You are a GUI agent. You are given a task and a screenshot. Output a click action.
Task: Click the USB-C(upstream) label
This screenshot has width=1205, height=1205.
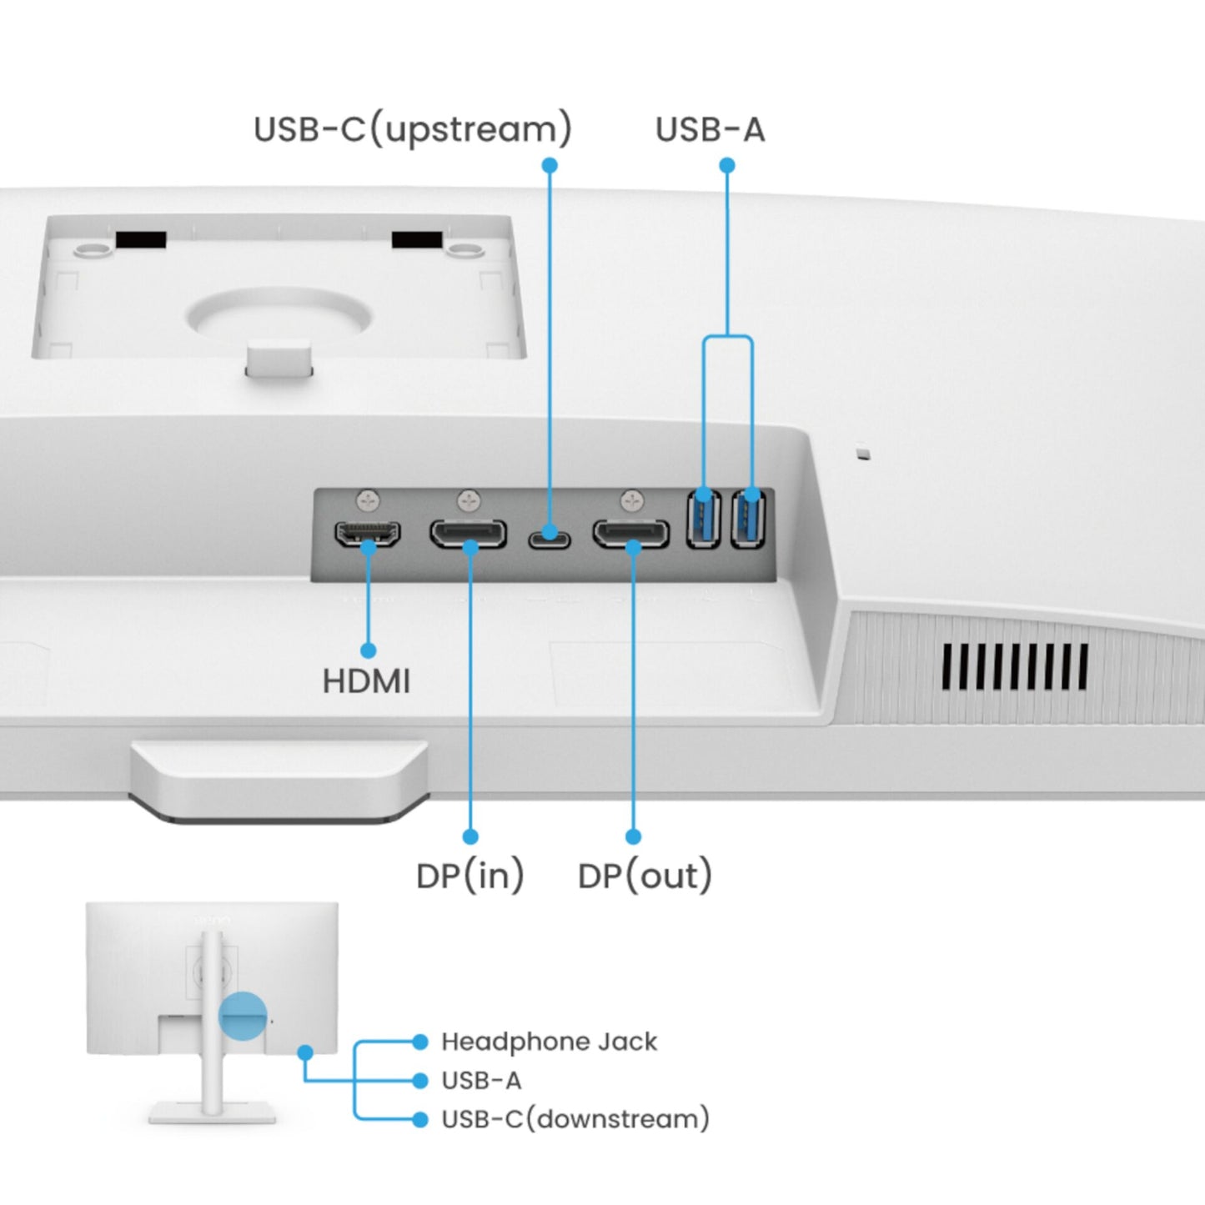point(412,130)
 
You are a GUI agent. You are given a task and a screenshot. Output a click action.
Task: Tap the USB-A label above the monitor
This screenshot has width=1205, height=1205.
point(710,130)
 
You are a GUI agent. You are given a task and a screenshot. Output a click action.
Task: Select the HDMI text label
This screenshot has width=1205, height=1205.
point(366,681)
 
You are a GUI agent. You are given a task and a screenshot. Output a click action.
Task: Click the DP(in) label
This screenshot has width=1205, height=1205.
point(469,876)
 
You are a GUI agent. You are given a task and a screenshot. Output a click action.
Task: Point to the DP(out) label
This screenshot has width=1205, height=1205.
point(645,876)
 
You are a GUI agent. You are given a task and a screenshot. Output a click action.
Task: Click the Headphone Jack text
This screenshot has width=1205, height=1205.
point(549,1042)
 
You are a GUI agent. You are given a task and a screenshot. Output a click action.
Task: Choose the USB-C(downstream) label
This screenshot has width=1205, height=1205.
point(575,1118)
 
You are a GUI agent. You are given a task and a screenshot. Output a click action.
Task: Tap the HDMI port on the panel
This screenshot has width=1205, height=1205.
point(367,533)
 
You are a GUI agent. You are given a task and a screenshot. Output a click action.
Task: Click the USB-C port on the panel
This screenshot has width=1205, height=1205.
point(549,536)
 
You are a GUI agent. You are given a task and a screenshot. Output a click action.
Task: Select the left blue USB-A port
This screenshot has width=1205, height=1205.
point(703,519)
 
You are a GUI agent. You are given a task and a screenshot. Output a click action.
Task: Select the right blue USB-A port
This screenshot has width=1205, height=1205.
point(748,519)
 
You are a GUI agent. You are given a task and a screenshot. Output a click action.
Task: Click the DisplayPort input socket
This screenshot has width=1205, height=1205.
point(468,534)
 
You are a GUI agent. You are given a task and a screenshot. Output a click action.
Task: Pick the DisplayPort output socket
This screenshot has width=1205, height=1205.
point(631,534)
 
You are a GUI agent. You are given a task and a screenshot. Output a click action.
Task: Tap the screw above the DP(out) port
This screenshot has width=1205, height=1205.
point(633,500)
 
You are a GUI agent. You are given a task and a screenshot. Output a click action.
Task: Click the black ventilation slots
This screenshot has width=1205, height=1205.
point(1015,667)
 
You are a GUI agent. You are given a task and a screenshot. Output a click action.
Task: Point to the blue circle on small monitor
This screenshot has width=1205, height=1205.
point(243,1016)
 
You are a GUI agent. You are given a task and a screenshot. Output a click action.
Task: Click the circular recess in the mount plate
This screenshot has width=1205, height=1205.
point(279,316)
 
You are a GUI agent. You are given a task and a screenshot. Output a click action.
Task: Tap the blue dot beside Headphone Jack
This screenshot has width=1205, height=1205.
point(420,1042)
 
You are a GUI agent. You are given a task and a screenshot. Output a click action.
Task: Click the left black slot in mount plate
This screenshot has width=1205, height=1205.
point(141,239)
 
